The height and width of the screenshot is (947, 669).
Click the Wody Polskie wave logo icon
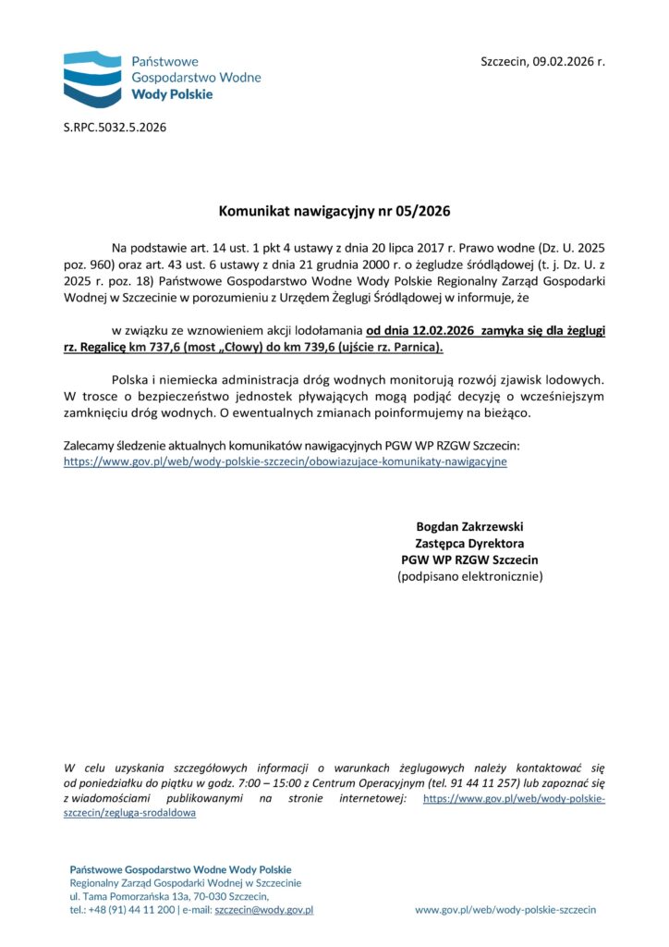(x=93, y=78)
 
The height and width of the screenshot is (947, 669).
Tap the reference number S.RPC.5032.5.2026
(x=115, y=127)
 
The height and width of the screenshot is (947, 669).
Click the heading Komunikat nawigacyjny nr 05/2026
(x=334, y=211)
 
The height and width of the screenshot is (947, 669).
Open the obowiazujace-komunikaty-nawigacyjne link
(x=285, y=460)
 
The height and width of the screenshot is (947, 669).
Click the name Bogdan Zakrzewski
(x=469, y=526)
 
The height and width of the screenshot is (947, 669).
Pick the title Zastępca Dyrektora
(x=469, y=543)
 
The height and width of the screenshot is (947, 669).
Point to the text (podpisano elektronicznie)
(x=469, y=576)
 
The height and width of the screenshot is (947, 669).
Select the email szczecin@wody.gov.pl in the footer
(x=263, y=910)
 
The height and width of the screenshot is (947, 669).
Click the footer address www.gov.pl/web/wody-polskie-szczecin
(x=505, y=910)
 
